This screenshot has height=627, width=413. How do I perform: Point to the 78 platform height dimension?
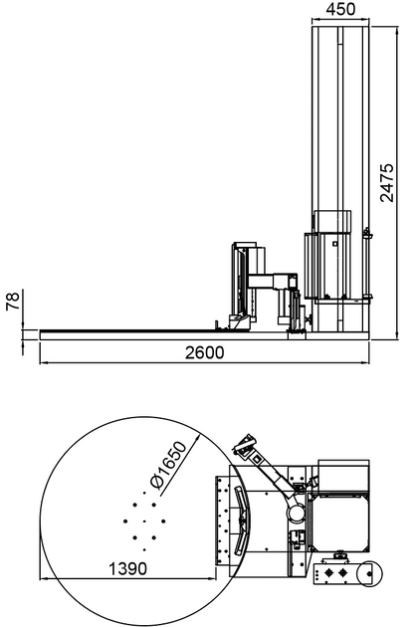click(x=13, y=302)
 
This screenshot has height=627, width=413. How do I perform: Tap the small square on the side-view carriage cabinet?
click(x=335, y=241)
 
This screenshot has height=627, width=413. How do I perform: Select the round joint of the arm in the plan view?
click(x=296, y=510)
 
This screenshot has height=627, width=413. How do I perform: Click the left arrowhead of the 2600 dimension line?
click(x=43, y=362)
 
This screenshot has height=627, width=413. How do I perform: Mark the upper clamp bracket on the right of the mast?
click(x=367, y=235)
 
